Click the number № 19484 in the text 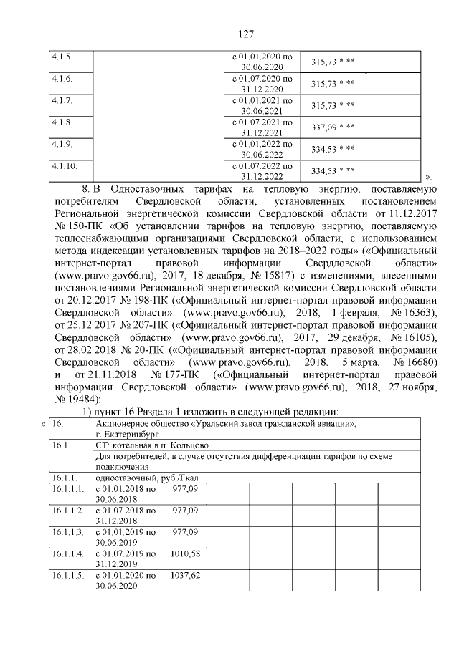coord(71,399)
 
